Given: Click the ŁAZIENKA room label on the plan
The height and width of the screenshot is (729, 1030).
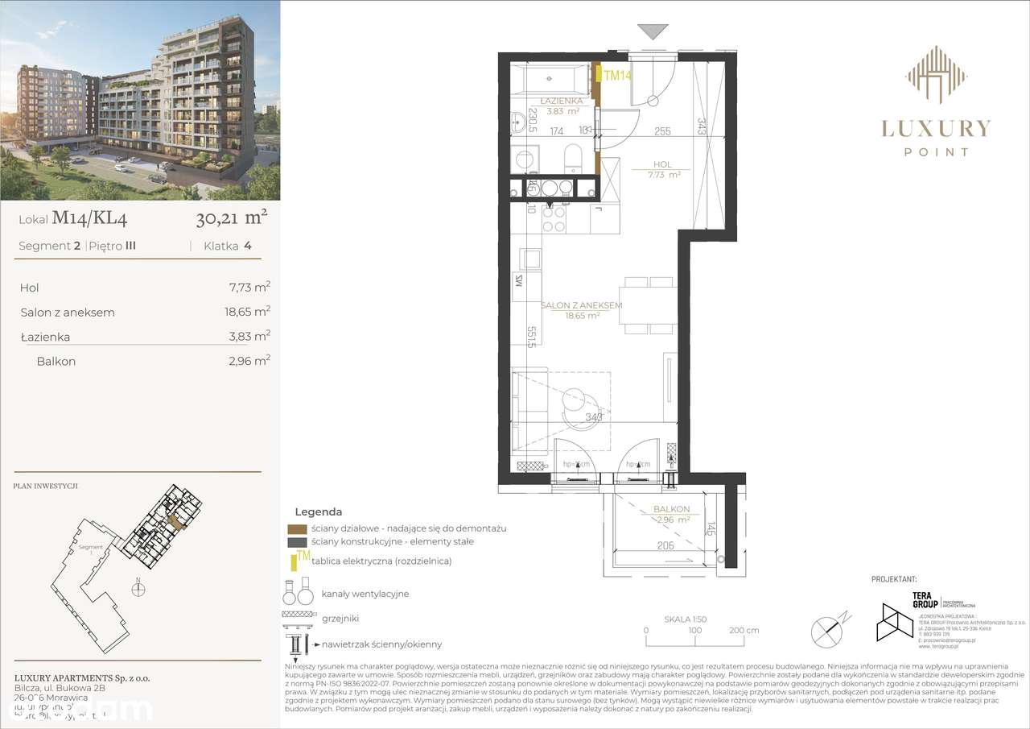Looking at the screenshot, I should (x=561, y=101).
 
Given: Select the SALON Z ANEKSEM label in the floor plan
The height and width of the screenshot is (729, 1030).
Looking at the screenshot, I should (x=581, y=306).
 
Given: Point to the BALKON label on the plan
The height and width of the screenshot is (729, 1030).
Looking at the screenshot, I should (x=671, y=509).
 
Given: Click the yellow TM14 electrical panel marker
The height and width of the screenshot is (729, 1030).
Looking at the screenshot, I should (x=616, y=76).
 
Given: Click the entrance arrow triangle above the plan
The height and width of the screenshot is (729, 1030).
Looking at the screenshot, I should (x=653, y=32).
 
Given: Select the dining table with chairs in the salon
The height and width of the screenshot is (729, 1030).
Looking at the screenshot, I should (x=649, y=306).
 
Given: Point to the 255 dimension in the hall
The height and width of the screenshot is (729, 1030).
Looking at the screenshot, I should (x=662, y=131).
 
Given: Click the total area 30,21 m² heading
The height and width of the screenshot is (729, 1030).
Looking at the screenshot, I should (x=231, y=217).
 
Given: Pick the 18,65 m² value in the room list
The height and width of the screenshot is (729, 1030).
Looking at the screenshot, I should (x=249, y=312).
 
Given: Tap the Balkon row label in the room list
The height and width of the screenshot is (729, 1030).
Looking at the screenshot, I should (x=56, y=362).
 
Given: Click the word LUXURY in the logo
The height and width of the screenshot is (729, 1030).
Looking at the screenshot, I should (x=936, y=128).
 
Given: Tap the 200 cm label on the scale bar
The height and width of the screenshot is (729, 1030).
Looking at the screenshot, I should (x=743, y=631).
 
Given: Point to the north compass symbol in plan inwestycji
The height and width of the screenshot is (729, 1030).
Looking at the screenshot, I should (x=139, y=589).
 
